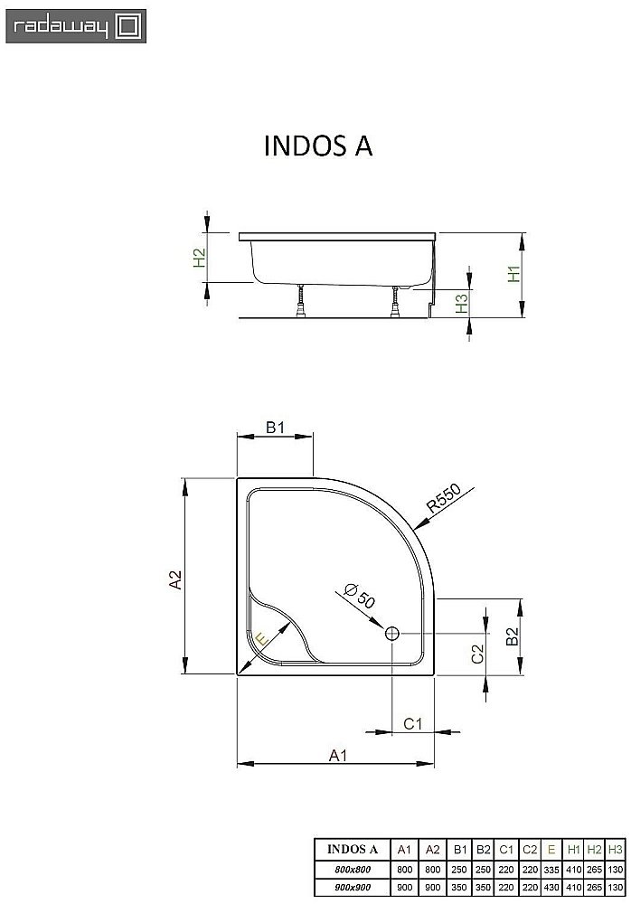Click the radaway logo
coord(73,24)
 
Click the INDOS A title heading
coord(317,146)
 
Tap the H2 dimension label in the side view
coord(200,259)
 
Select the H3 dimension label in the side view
coord(461,304)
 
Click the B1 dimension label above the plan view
coord(275,428)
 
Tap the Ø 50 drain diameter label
coord(359,598)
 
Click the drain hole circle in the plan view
coord(392,634)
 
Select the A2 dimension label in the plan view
coord(177,579)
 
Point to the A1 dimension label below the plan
coord(336,755)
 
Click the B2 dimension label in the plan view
coord(511,636)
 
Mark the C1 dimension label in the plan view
coord(412,723)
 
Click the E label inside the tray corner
coord(261,639)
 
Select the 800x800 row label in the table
coord(351,869)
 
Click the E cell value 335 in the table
coord(551,869)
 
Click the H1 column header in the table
coord(573,850)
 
